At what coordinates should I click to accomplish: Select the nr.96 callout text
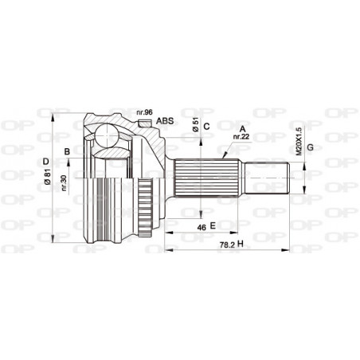[144, 112]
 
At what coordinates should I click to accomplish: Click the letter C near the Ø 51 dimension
[205, 126]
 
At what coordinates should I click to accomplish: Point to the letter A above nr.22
[241, 127]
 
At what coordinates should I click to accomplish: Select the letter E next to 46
[212, 227]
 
